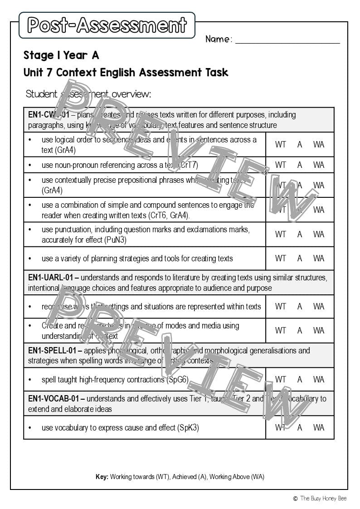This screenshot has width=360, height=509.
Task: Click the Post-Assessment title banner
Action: pos(107,25)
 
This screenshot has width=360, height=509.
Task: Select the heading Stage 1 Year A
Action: pos(61,55)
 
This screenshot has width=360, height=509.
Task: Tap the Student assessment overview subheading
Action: pos(88,94)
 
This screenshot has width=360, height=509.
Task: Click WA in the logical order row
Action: pos(319,144)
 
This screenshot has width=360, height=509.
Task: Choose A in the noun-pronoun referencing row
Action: pos(300,165)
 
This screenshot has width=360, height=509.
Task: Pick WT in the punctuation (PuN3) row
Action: pos(281,234)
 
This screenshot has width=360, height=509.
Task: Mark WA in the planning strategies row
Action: pos(319,258)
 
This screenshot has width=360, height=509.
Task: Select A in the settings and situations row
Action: pos(300,306)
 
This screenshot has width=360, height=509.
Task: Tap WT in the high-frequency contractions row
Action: pos(281,379)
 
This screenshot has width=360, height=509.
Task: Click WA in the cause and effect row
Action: pos(319,427)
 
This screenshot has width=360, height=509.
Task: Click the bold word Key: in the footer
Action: pos(102,477)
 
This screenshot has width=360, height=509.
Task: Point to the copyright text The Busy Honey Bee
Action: pos(323,498)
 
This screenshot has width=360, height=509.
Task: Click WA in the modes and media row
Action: pos(319,330)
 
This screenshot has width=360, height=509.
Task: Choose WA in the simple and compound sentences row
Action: pos(319,210)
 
